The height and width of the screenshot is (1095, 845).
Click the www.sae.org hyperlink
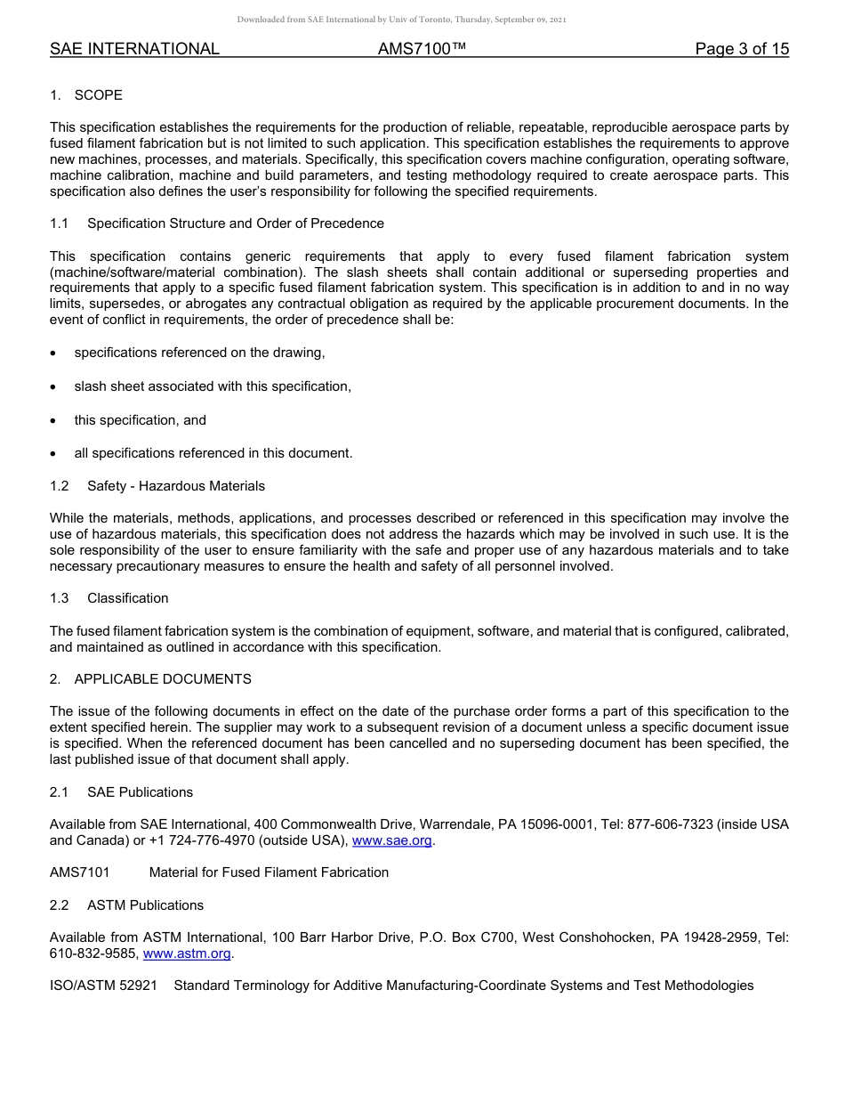coord(392,840)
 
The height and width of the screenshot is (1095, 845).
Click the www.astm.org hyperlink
coord(188,953)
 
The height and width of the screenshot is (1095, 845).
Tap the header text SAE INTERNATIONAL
coord(134,50)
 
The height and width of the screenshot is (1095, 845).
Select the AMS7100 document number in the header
coord(422,50)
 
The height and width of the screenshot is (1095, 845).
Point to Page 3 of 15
coord(742,50)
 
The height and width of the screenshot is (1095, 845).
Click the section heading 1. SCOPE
coord(86,95)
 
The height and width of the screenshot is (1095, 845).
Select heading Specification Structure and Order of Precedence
coord(236,223)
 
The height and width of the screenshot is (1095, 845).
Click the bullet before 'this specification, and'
coord(54,420)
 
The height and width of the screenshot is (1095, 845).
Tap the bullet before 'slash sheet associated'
coord(54,386)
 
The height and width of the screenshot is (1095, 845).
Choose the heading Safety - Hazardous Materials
coord(176,486)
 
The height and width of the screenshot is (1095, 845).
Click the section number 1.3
coord(60,598)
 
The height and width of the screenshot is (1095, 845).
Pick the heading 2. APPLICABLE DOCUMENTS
coord(150,679)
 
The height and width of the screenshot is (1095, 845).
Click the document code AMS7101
coord(80,872)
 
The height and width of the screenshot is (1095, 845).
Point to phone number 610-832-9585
coord(93,953)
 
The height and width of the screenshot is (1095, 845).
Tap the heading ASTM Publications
coord(145,905)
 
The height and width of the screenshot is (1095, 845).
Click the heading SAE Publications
coord(140,792)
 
